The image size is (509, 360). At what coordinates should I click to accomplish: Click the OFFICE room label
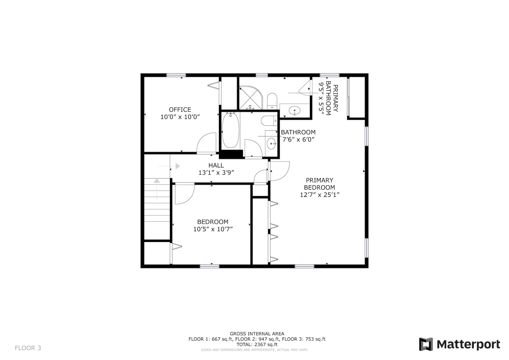[x=180, y=109]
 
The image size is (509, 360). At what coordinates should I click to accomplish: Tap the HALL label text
[x=216, y=165]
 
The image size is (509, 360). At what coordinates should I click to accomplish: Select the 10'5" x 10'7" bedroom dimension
[x=213, y=229]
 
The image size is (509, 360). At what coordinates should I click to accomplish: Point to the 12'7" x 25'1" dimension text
[x=319, y=195]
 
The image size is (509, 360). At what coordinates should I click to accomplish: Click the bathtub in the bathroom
[x=230, y=130]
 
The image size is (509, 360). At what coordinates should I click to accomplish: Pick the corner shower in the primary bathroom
[x=250, y=98]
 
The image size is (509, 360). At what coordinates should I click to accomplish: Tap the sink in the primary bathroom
[x=295, y=111]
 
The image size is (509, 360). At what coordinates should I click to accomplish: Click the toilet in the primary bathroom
[x=272, y=101]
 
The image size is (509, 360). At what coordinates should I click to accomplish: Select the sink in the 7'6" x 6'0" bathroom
[x=271, y=143]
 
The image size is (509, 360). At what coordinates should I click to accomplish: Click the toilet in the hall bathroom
[x=269, y=121]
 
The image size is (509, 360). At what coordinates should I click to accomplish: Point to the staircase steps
[x=157, y=200]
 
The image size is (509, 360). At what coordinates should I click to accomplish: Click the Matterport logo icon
[x=426, y=344]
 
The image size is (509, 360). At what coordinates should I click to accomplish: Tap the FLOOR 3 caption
[x=28, y=348]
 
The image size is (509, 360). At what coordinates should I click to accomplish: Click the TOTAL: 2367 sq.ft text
[x=257, y=344]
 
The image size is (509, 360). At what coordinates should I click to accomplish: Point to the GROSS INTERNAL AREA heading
[x=257, y=334]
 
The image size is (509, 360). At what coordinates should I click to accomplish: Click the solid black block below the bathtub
[x=231, y=154]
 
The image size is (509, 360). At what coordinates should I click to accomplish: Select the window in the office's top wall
[x=176, y=75]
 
